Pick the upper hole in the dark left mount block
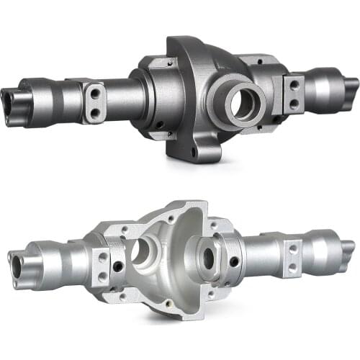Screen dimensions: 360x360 (95, 92)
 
